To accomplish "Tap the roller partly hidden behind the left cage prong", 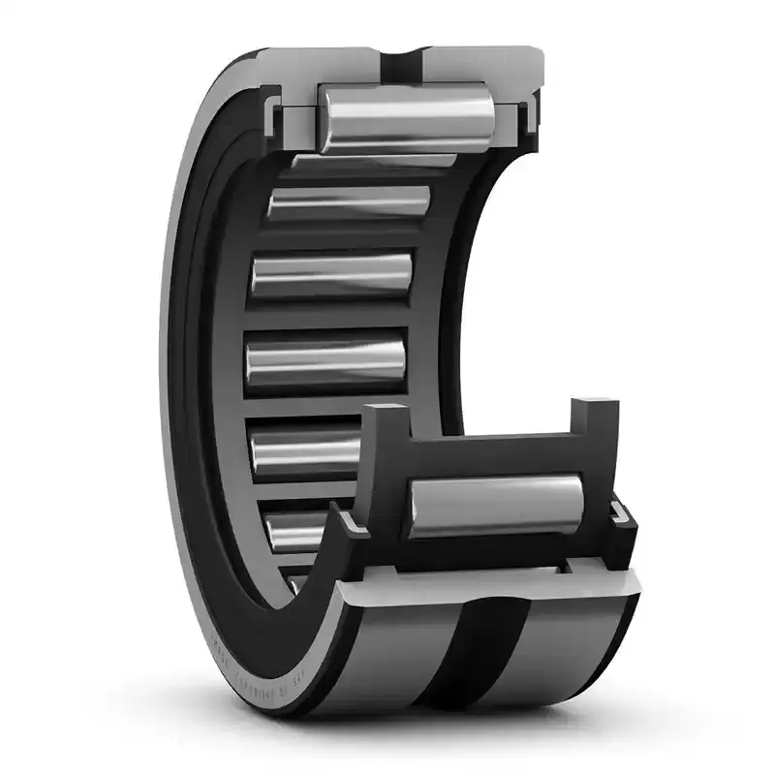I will coord(305,451).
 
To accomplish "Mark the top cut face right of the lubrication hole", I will coord(475,60).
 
